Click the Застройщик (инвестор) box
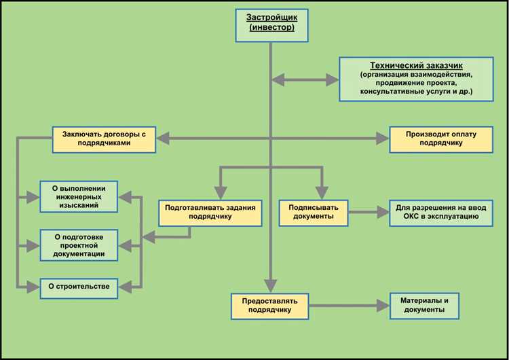pyautogui.click(x=270, y=22)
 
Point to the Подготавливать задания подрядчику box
pyautogui.click(x=210, y=213)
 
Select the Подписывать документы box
pyautogui.click(x=314, y=213)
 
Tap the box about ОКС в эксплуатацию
pyautogui.click(x=441, y=213)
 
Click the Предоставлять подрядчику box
pyautogui.click(x=270, y=305)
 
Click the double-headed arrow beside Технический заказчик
pyautogui.click(x=305, y=80)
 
